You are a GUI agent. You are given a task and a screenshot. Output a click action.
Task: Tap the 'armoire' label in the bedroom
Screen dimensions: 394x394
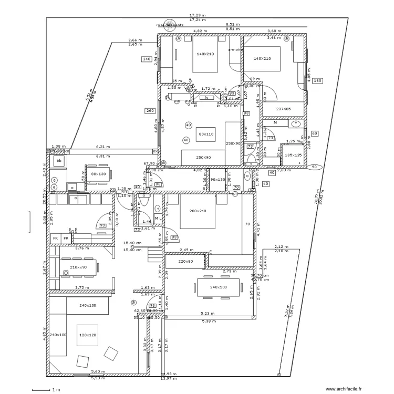tap(235, 50)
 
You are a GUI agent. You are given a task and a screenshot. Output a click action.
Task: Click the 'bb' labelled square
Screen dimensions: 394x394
tap(59, 160)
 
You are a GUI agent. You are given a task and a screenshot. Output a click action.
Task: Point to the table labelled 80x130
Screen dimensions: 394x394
tap(99, 174)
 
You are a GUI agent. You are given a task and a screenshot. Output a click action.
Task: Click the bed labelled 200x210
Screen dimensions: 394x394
tap(198, 211)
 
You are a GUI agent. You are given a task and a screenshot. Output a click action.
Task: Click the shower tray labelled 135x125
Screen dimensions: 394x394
tap(293, 155)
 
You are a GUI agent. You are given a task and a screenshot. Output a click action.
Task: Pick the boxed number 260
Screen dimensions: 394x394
tap(150, 111)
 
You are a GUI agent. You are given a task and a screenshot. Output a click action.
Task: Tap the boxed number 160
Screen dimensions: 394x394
tap(317, 81)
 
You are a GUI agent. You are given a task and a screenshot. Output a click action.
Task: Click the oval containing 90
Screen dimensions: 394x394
tap(315, 167)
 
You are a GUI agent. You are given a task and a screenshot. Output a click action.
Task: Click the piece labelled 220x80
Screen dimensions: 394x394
tap(186, 261)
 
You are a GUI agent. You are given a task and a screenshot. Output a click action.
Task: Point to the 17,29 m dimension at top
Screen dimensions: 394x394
tap(197, 15)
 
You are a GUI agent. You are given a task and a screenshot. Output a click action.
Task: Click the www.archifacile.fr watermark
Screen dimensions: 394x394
tap(344, 389)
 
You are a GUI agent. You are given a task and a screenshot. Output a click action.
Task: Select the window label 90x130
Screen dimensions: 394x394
tap(217, 180)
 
